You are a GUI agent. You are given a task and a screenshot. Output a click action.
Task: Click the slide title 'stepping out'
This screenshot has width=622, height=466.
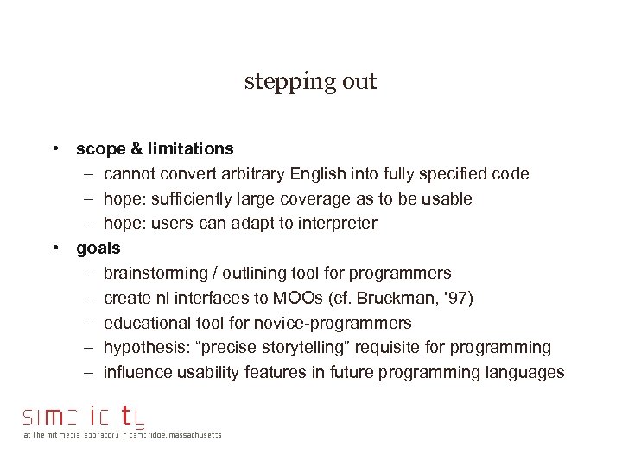click(x=310, y=82)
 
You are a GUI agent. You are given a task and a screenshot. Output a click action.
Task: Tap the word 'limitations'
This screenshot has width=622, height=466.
click(x=189, y=149)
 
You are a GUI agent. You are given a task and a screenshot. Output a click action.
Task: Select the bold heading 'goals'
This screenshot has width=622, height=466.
click(x=98, y=249)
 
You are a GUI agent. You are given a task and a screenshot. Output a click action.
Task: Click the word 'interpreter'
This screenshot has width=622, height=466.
click(x=333, y=224)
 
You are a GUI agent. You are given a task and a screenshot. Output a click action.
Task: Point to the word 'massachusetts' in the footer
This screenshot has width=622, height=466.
click(x=189, y=435)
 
